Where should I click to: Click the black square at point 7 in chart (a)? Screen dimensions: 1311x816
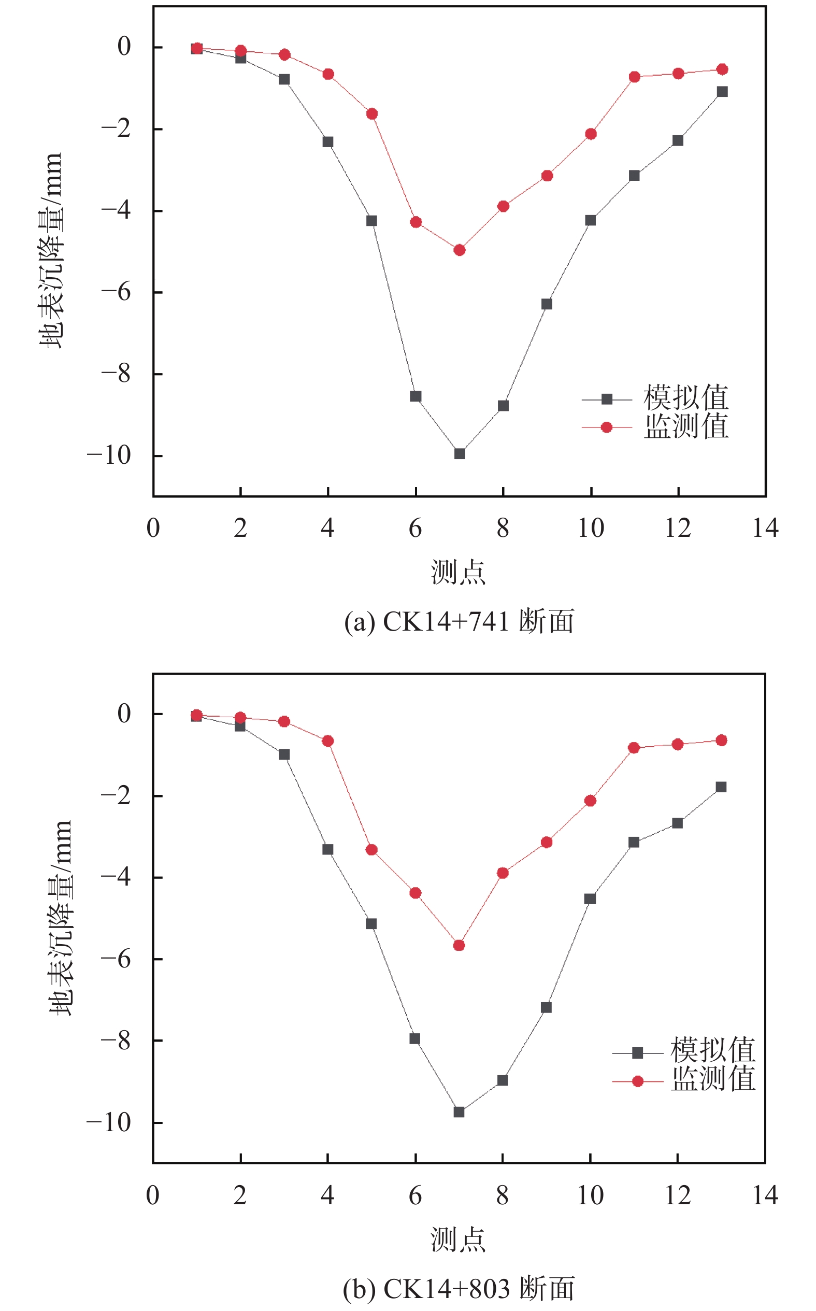[459, 454]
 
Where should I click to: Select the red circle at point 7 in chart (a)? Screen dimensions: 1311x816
[459, 250]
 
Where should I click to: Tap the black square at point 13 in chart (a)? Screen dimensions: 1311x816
[722, 92]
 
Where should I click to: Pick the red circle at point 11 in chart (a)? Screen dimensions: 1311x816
[634, 77]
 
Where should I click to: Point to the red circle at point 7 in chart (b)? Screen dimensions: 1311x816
[459, 946]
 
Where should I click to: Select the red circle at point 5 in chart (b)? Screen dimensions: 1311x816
[371, 850]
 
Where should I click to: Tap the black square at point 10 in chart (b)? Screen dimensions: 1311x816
[590, 899]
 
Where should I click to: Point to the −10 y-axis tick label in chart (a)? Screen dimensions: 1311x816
[109, 455]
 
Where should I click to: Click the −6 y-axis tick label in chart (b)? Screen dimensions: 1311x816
[116, 959]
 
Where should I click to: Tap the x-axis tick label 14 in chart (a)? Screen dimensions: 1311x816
[765, 528]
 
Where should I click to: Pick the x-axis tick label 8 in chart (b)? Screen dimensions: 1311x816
[503, 1195]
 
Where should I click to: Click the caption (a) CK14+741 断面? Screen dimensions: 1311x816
[459, 621]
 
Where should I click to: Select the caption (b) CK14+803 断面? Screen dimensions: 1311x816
[459, 1289]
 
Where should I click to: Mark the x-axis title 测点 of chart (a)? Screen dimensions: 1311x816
[458, 572]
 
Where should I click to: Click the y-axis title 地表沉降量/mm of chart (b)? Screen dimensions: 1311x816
[61, 918]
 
